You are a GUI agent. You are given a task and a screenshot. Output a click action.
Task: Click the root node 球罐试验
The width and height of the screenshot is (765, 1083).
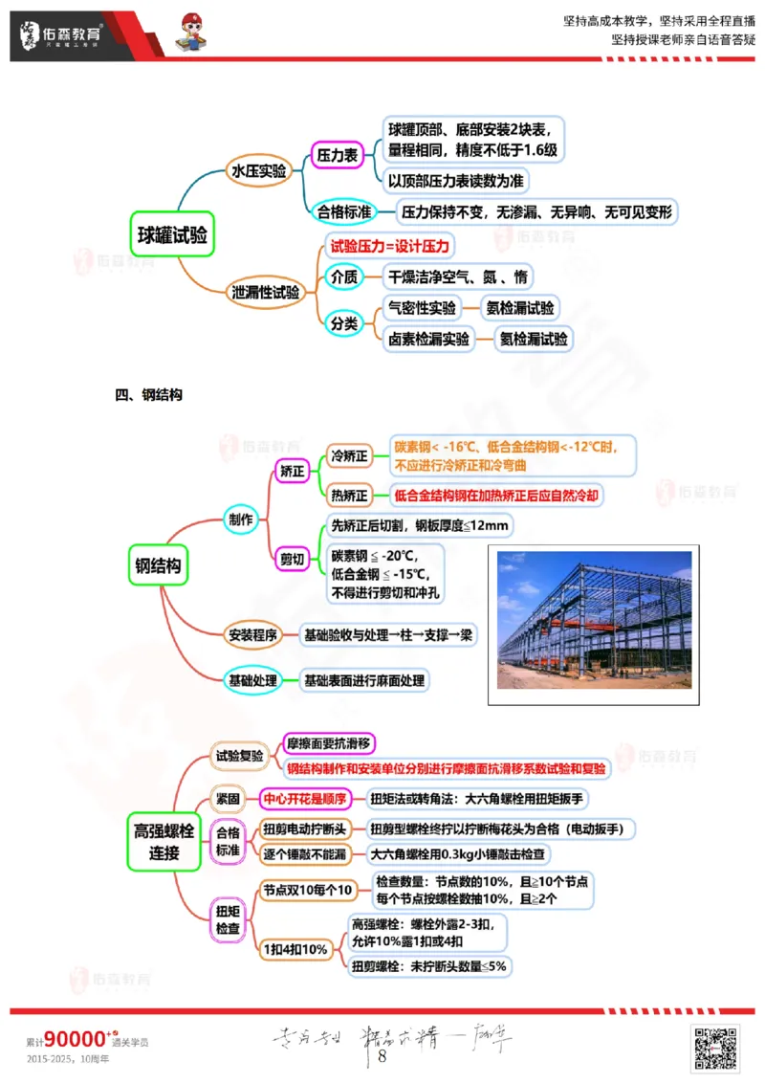click(x=171, y=233)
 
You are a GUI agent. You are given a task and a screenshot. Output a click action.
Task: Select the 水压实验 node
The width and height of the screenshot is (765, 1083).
click(x=259, y=171)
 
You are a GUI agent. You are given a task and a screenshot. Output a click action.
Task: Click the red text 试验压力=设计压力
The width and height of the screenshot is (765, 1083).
click(x=388, y=247)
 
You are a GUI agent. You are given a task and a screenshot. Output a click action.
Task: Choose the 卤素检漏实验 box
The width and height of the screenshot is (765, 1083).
click(x=428, y=338)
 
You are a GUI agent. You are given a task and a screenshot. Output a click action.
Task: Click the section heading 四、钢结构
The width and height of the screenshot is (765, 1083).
click(x=148, y=394)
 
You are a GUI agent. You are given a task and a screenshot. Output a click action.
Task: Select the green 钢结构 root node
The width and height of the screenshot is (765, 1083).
click(x=158, y=565)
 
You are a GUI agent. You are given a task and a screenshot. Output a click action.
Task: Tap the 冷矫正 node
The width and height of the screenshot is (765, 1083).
click(x=348, y=456)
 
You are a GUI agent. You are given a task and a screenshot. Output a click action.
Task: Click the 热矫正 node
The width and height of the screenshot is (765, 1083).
click(x=348, y=496)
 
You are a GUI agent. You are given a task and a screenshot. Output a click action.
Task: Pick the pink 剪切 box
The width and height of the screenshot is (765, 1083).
click(x=292, y=558)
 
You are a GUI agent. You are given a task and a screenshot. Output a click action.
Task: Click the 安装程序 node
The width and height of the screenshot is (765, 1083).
click(x=251, y=634)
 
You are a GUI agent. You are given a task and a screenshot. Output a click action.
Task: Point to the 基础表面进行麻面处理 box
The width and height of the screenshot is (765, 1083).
click(x=363, y=680)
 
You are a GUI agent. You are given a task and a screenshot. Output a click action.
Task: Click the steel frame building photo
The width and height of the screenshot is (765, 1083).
click(x=594, y=619)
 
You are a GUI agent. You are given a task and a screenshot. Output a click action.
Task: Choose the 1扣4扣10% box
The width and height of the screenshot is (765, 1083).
click(x=296, y=949)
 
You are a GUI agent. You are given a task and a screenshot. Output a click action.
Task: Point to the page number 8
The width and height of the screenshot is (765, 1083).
click(x=382, y=1056)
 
